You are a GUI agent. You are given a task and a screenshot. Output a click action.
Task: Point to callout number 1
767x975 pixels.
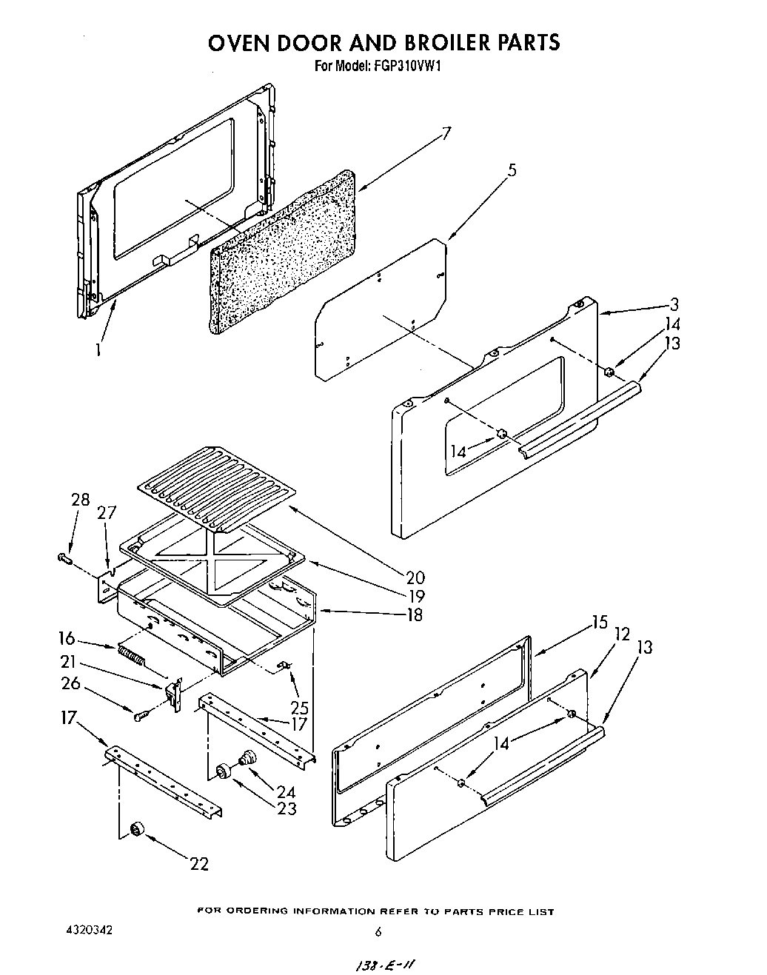98,348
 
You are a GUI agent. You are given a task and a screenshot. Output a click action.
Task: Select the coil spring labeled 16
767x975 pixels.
131,655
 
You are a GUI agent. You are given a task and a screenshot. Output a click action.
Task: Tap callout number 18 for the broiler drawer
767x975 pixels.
414,614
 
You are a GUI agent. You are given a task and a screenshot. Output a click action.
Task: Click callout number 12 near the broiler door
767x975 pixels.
622,634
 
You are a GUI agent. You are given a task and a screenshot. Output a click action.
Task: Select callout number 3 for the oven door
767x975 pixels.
674,304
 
